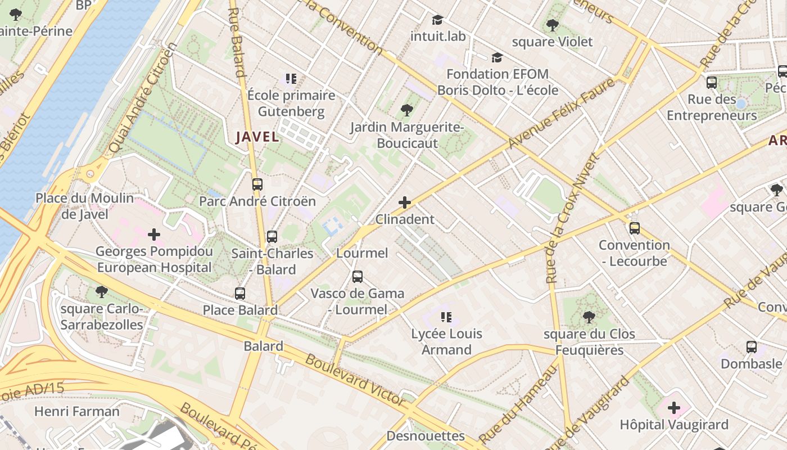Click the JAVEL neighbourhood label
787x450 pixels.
click(257, 137)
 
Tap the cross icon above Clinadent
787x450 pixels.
click(404, 202)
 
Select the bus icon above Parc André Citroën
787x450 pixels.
click(257, 184)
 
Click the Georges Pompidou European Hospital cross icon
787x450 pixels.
click(153, 234)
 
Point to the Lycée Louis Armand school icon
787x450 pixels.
click(446, 317)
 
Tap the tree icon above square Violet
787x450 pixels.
click(552, 25)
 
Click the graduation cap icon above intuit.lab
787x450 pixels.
click(437, 20)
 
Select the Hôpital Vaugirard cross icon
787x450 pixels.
click(673, 408)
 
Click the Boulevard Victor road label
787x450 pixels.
click(355, 381)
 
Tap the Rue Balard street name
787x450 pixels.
click(237, 42)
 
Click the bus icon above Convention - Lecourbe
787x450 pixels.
click(634, 228)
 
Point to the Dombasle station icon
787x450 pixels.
click(751, 347)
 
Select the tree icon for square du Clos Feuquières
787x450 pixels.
click(589, 317)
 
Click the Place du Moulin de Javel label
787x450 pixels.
click(85, 206)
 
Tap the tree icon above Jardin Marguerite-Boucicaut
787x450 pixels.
click(406, 110)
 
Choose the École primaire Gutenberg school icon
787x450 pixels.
click(291, 79)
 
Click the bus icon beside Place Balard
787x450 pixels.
click(240, 293)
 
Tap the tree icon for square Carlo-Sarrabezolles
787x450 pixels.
click(102, 291)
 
